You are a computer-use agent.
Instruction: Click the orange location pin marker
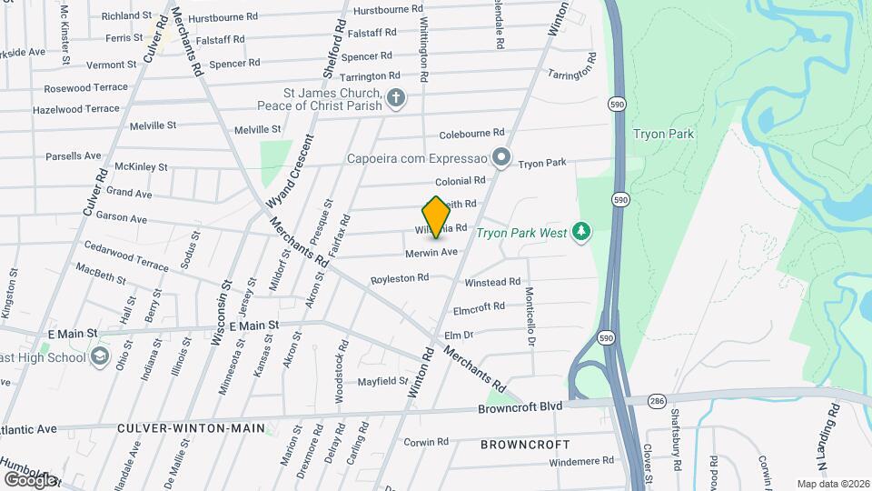[437, 216]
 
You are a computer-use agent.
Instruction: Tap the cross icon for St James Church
[395, 97]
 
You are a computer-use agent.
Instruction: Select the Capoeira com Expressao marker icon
[500, 157]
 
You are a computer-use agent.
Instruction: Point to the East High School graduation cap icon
[99, 356]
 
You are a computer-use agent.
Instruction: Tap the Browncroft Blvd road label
[520, 408]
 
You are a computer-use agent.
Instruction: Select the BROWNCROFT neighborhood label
[525, 445]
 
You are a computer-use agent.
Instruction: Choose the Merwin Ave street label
[431, 252]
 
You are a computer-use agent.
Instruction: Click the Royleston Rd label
[399, 279]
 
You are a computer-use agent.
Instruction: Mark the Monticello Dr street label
[530, 317]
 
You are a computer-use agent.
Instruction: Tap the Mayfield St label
[382, 381]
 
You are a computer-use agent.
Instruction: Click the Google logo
[29, 478]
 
